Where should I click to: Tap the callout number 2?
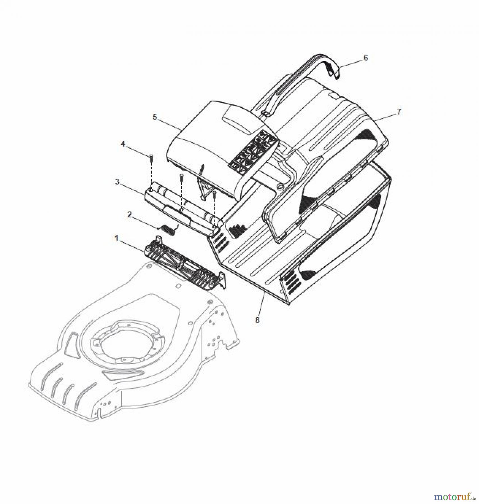click(129, 215)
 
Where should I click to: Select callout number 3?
click(118, 182)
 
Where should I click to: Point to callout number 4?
click(123, 144)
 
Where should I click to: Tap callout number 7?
click(399, 112)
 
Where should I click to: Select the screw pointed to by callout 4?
click(151, 158)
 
